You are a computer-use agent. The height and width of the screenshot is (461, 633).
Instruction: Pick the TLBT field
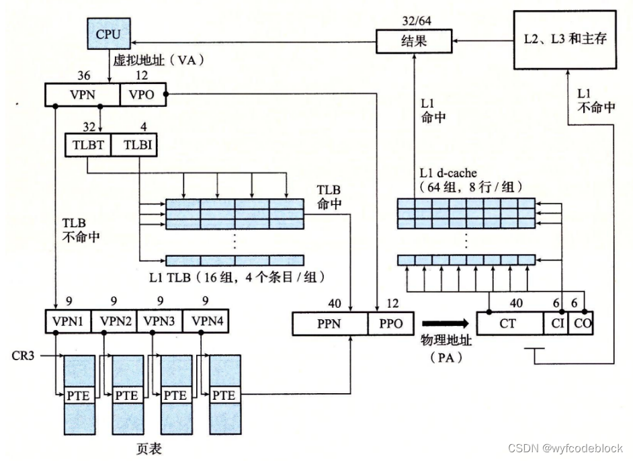pos(87,145)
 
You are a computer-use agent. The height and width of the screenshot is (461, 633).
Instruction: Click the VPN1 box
pos(67,321)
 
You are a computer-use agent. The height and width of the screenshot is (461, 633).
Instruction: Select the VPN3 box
pos(159,321)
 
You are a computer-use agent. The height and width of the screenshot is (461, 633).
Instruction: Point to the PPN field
pos(330,324)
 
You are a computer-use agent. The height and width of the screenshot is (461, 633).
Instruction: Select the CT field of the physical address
pos(509,323)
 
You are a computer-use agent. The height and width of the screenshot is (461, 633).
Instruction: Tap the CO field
pos(581,323)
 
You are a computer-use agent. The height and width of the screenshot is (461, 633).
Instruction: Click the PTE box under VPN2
pos(126,396)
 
